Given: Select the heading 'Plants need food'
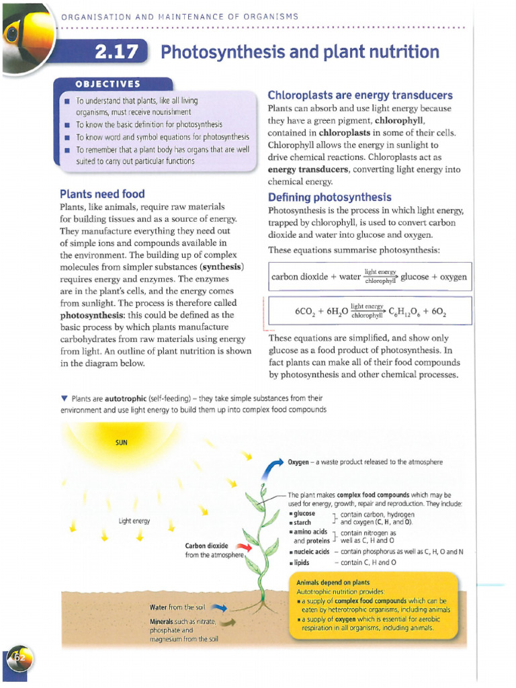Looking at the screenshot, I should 102,194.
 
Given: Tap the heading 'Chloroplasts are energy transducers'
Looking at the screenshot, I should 360,95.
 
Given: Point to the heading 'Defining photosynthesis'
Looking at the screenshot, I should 329,198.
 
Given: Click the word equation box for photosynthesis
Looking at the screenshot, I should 369,276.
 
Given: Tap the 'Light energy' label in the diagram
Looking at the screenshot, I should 134,521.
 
